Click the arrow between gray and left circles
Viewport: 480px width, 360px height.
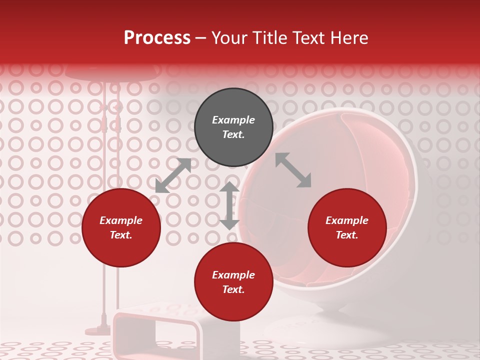173,175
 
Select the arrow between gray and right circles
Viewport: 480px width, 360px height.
293,170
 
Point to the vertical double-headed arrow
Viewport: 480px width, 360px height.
229,205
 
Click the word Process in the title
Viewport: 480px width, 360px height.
157,37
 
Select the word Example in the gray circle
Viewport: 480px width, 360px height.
233,120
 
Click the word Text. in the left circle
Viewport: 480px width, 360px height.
121,235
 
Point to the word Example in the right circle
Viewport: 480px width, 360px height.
347,220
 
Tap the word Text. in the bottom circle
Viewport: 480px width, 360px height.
233,289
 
